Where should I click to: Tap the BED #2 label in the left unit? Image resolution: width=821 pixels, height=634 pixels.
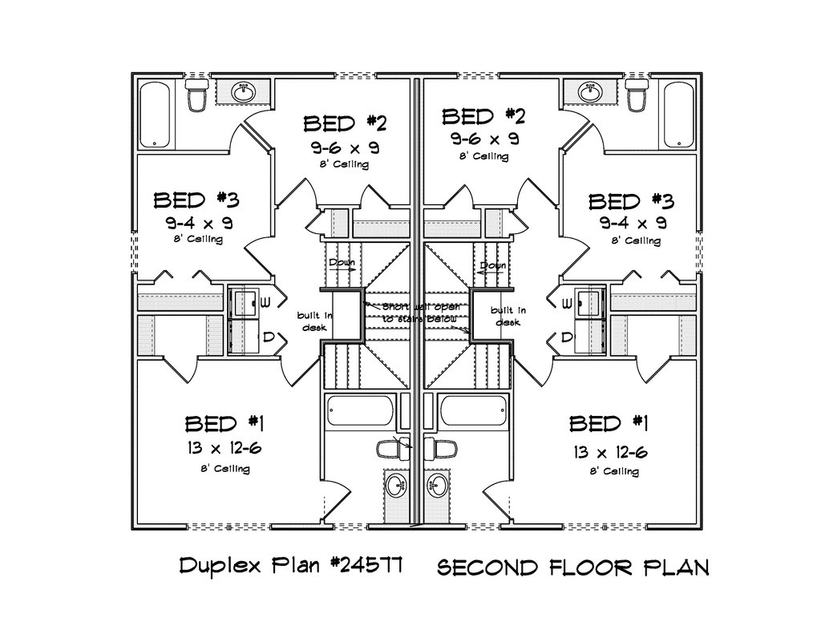pyautogui.click(x=345, y=123)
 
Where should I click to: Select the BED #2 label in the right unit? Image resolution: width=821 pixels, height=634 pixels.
pyautogui.click(x=483, y=118)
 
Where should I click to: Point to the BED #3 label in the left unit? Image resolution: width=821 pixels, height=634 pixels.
pyautogui.click(x=196, y=200)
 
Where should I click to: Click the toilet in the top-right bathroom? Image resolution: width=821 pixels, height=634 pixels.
pyautogui.click(x=637, y=96)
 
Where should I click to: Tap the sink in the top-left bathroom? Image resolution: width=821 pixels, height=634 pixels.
pyautogui.click(x=243, y=91)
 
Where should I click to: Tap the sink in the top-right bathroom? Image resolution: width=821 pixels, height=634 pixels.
pyautogui.click(x=591, y=91)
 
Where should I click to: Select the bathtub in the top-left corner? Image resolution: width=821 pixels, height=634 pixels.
pyautogui.click(x=156, y=115)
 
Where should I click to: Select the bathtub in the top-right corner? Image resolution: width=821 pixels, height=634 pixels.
pyautogui.click(x=678, y=115)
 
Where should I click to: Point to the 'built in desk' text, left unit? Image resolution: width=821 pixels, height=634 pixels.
pyautogui.click(x=309, y=320)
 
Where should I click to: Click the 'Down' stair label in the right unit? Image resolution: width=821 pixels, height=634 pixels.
pyautogui.click(x=492, y=265)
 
